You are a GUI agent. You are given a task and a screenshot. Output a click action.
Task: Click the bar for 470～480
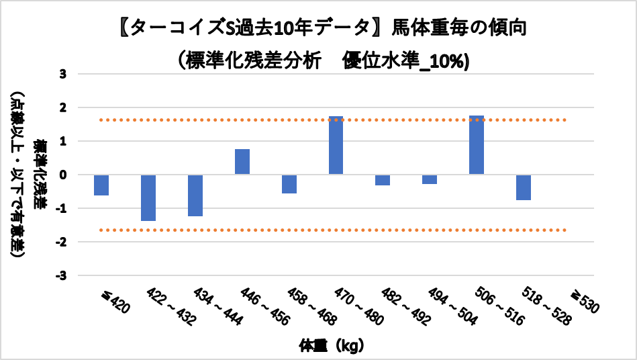[336, 145]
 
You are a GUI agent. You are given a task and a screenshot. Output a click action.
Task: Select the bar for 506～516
[477, 145]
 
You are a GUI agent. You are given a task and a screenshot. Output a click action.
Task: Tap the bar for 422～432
[148, 197]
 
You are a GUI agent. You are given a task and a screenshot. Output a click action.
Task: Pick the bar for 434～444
[195, 195]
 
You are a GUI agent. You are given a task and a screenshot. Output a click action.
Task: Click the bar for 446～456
[242, 162]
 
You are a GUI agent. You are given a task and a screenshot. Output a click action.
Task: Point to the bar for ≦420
[101, 185]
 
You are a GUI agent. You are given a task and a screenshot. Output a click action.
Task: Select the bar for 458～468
[289, 184]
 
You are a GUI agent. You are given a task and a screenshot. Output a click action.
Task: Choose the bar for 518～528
[524, 187]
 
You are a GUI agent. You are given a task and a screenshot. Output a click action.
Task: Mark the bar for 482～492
[383, 180]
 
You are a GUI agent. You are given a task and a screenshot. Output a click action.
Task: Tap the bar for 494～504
[430, 179]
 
